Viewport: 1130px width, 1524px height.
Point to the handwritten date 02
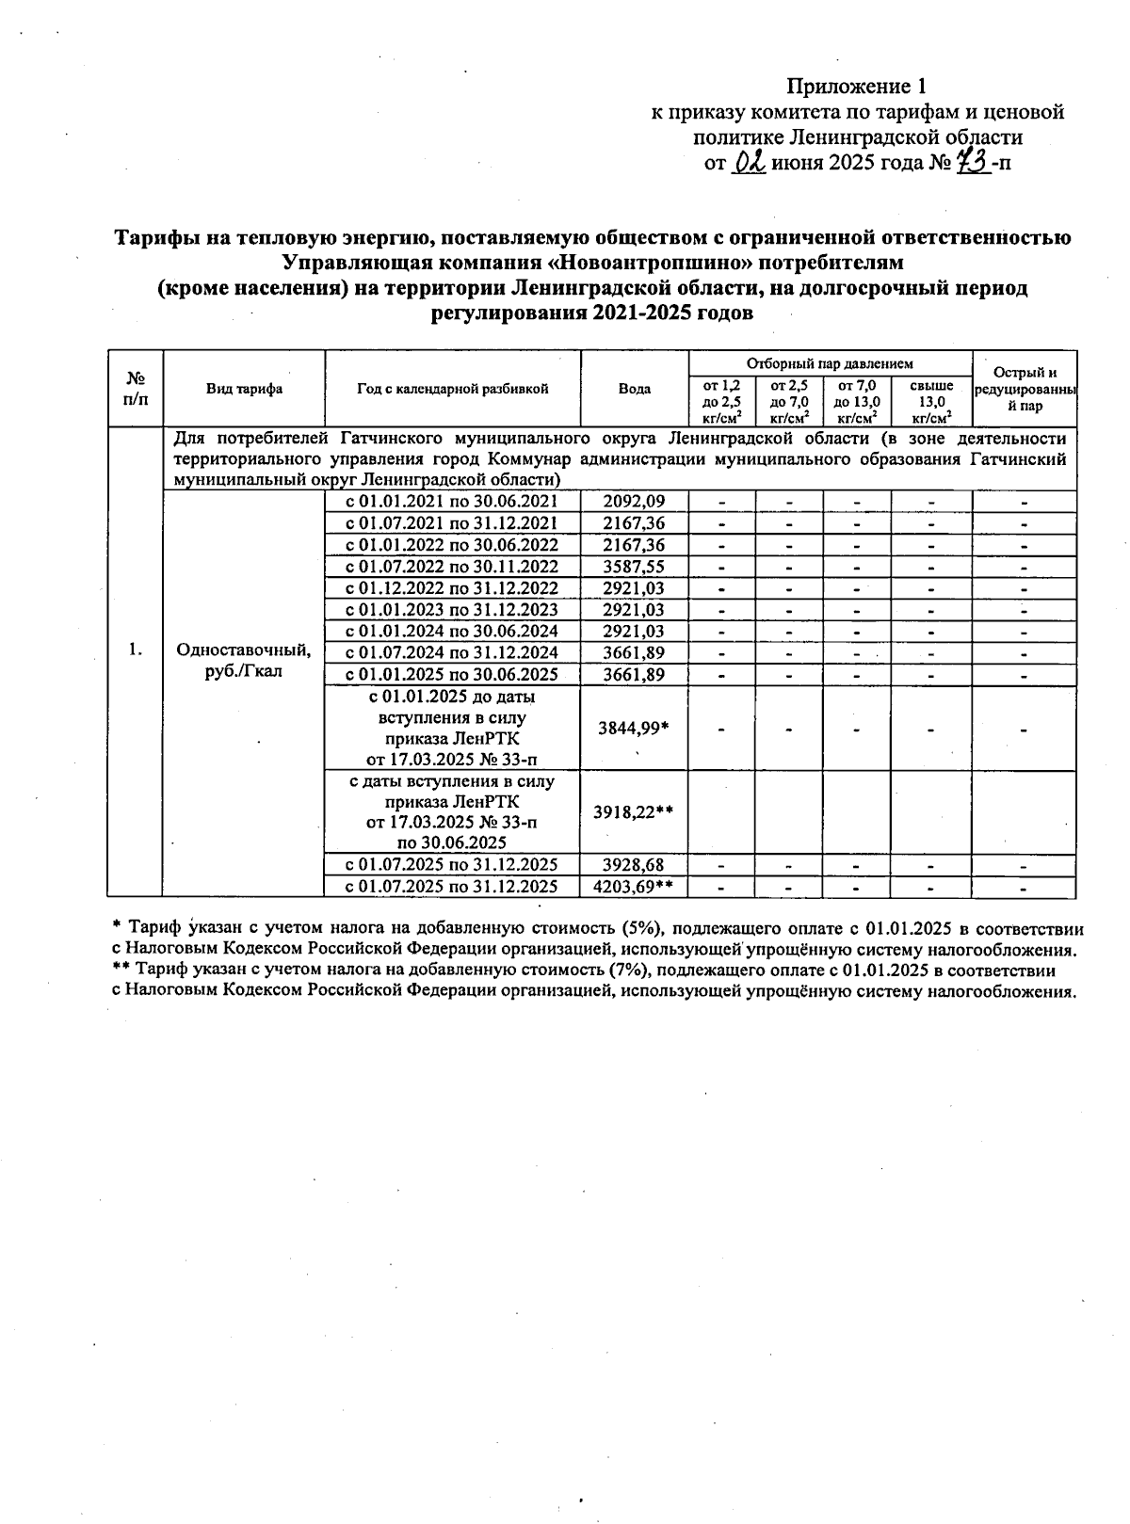(751, 164)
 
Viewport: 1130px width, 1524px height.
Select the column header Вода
(635, 389)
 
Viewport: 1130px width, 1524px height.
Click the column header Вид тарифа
(244, 389)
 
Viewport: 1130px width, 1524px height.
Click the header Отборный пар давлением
(830, 363)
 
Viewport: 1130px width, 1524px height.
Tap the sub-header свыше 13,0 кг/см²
(931, 401)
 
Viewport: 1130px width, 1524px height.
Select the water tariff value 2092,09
(634, 502)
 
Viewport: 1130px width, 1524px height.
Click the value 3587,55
(634, 567)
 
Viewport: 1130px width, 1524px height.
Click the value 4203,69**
(634, 887)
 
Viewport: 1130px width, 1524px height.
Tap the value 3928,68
(634, 864)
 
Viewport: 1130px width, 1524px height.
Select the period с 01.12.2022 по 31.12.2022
(452, 588)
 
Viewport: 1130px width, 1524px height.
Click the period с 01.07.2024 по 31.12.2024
(452, 653)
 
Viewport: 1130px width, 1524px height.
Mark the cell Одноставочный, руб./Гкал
(244, 661)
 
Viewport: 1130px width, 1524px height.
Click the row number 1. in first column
(136, 650)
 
